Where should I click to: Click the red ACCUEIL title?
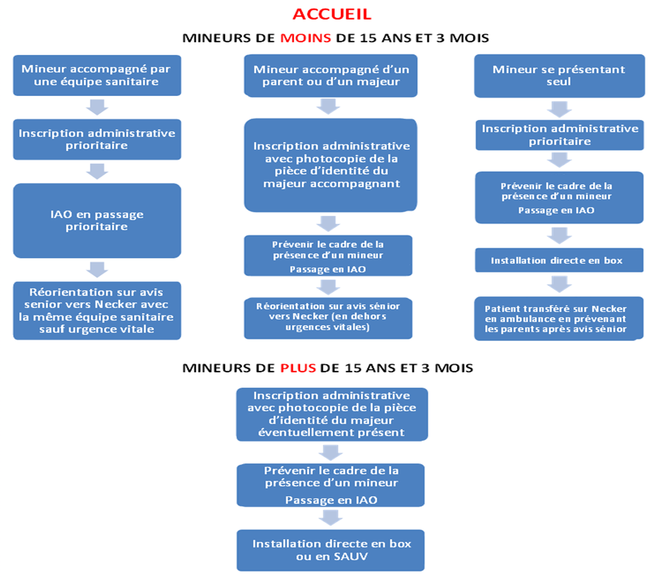pos(332,14)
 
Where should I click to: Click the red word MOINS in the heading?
pos(306,38)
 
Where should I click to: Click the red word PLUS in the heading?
pos(298,368)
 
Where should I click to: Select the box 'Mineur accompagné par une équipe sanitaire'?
pos(97,76)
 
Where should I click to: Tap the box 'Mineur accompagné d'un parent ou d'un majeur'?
pos(331,76)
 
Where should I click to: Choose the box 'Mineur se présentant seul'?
pos(559,76)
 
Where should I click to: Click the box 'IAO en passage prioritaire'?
pos(97,221)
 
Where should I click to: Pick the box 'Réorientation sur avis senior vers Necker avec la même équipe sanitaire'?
pos(97,311)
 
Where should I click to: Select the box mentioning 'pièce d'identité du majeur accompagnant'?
pos(331,165)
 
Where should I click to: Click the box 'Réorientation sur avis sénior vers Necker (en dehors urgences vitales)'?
pos(328,318)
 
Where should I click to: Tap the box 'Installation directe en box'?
pos(559,260)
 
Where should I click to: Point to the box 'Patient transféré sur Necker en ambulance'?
pos(559,319)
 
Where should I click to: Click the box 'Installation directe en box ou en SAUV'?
pos(331,550)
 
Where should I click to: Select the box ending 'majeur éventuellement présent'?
pos(332,414)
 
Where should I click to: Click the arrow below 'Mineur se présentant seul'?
pos(559,109)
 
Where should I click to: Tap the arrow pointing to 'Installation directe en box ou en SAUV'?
pos(331,517)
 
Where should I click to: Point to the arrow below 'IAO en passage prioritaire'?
pos(97,269)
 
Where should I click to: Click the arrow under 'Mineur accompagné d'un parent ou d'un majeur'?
pos(328,107)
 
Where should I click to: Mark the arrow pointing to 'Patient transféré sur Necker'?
pos(559,284)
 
